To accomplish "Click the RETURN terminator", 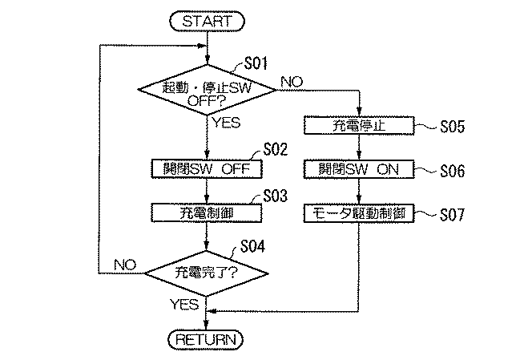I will (208, 339).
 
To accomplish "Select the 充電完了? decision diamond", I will (208, 273).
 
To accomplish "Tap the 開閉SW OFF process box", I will (208, 169).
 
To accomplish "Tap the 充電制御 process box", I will (208, 212).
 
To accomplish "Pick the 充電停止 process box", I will (358, 127).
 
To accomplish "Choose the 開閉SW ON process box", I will (358, 170).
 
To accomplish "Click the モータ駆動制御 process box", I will (358, 213).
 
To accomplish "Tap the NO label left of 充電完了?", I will (125, 263).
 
